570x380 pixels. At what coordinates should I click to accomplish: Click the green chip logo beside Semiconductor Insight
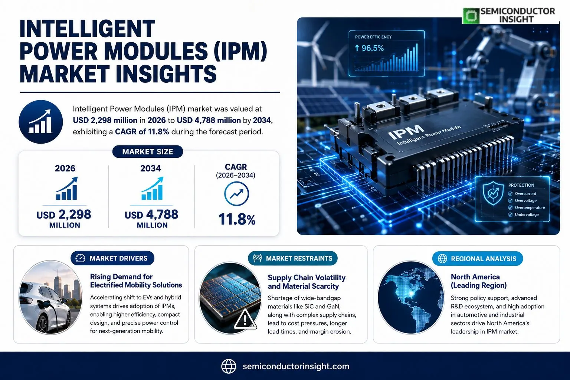pos(471,16)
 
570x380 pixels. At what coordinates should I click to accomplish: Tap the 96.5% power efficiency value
pos(369,48)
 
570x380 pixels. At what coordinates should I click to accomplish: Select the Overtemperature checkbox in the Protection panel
pos(510,207)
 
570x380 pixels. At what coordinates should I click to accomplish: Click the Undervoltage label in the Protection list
pos(527,214)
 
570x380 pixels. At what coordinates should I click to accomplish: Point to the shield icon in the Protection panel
pos(493,193)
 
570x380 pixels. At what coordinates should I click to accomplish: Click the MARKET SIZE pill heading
pos(148,152)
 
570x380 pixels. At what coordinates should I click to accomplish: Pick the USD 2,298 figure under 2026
pos(63,214)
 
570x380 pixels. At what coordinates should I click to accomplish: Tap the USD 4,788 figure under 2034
pos(151,214)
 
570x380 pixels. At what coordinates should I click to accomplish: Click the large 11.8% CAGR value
pos(237,219)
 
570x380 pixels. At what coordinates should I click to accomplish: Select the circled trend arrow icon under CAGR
pos(236,194)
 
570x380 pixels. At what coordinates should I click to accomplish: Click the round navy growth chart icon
pos(41,122)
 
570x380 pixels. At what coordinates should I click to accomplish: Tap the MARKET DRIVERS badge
pos(112,258)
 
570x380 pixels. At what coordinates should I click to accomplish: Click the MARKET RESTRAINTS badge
pos(293,258)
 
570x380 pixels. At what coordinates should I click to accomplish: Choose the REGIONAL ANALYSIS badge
pos(478,259)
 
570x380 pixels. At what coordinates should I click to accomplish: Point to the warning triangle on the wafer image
pos(245,319)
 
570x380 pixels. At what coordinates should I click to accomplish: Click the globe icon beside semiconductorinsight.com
pos(229,366)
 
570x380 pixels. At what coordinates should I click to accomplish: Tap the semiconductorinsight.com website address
pos(296,366)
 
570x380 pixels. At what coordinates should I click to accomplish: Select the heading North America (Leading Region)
pos(479,281)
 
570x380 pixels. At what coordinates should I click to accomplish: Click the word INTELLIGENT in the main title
pos(87,29)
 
